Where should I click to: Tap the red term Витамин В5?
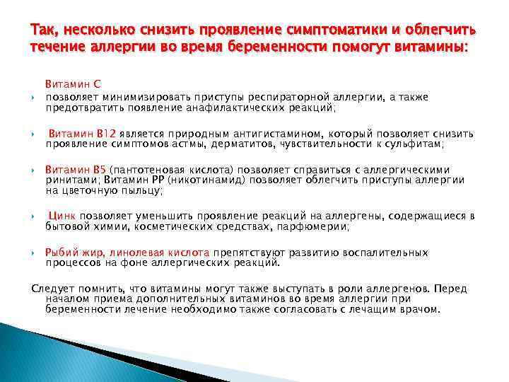click(x=74, y=170)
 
